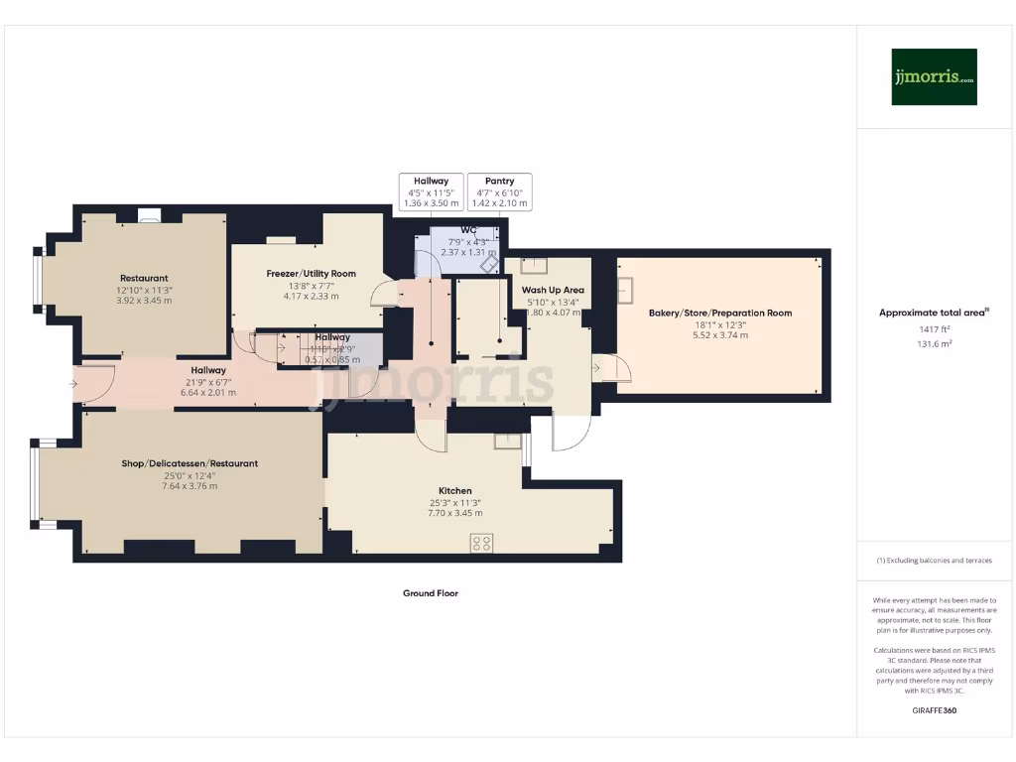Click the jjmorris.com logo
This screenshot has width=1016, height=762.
(x=934, y=76)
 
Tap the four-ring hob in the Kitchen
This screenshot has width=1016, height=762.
(x=482, y=542)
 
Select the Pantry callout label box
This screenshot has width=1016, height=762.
(x=499, y=191)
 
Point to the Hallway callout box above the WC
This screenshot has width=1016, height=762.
(x=431, y=191)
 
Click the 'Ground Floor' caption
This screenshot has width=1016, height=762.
(x=430, y=593)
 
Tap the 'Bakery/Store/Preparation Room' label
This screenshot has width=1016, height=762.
(x=720, y=313)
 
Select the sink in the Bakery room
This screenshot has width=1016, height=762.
(x=627, y=289)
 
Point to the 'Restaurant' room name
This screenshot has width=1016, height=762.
(x=144, y=278)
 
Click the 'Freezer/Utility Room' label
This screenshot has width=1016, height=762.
(x=311, y=273)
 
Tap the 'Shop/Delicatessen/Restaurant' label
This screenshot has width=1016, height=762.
(x=190, y=463)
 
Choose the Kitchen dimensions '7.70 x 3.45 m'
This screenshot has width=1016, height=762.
(x=454, y=513)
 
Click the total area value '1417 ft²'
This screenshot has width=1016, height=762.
(x=933, y=328)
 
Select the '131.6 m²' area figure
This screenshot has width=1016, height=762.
(x=933, y=343)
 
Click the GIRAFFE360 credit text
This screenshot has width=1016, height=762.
(x=933, y=710)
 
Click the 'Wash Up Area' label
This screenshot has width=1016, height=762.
(x=553, y=290)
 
